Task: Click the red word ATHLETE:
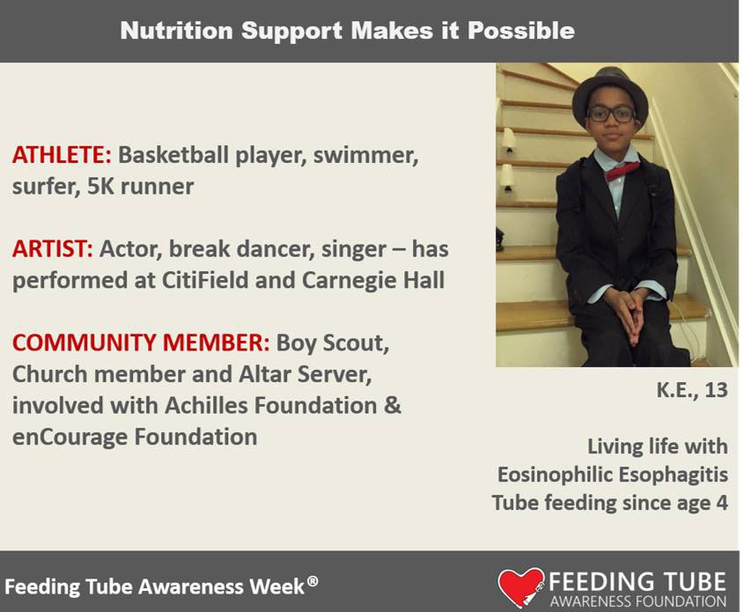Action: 62,156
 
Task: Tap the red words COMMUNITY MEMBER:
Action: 141,343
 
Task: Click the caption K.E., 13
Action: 693,390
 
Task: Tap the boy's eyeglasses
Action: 610,114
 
